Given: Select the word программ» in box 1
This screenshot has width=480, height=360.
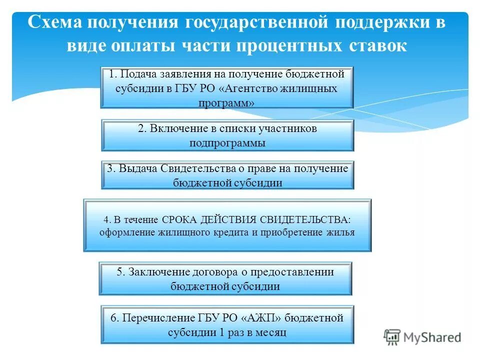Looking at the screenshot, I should pyautogui.click(x=226, y=103).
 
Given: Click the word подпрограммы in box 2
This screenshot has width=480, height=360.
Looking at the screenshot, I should pyautogui.click(x=227, y=142).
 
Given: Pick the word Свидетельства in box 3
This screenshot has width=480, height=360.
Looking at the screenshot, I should pyautogui.click(x=192, y=168).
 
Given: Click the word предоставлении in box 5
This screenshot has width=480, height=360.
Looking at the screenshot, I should pyautogui.click(x=294, y=272).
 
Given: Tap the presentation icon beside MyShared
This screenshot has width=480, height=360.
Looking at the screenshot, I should pyautogui.click(x=392, y=336).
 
